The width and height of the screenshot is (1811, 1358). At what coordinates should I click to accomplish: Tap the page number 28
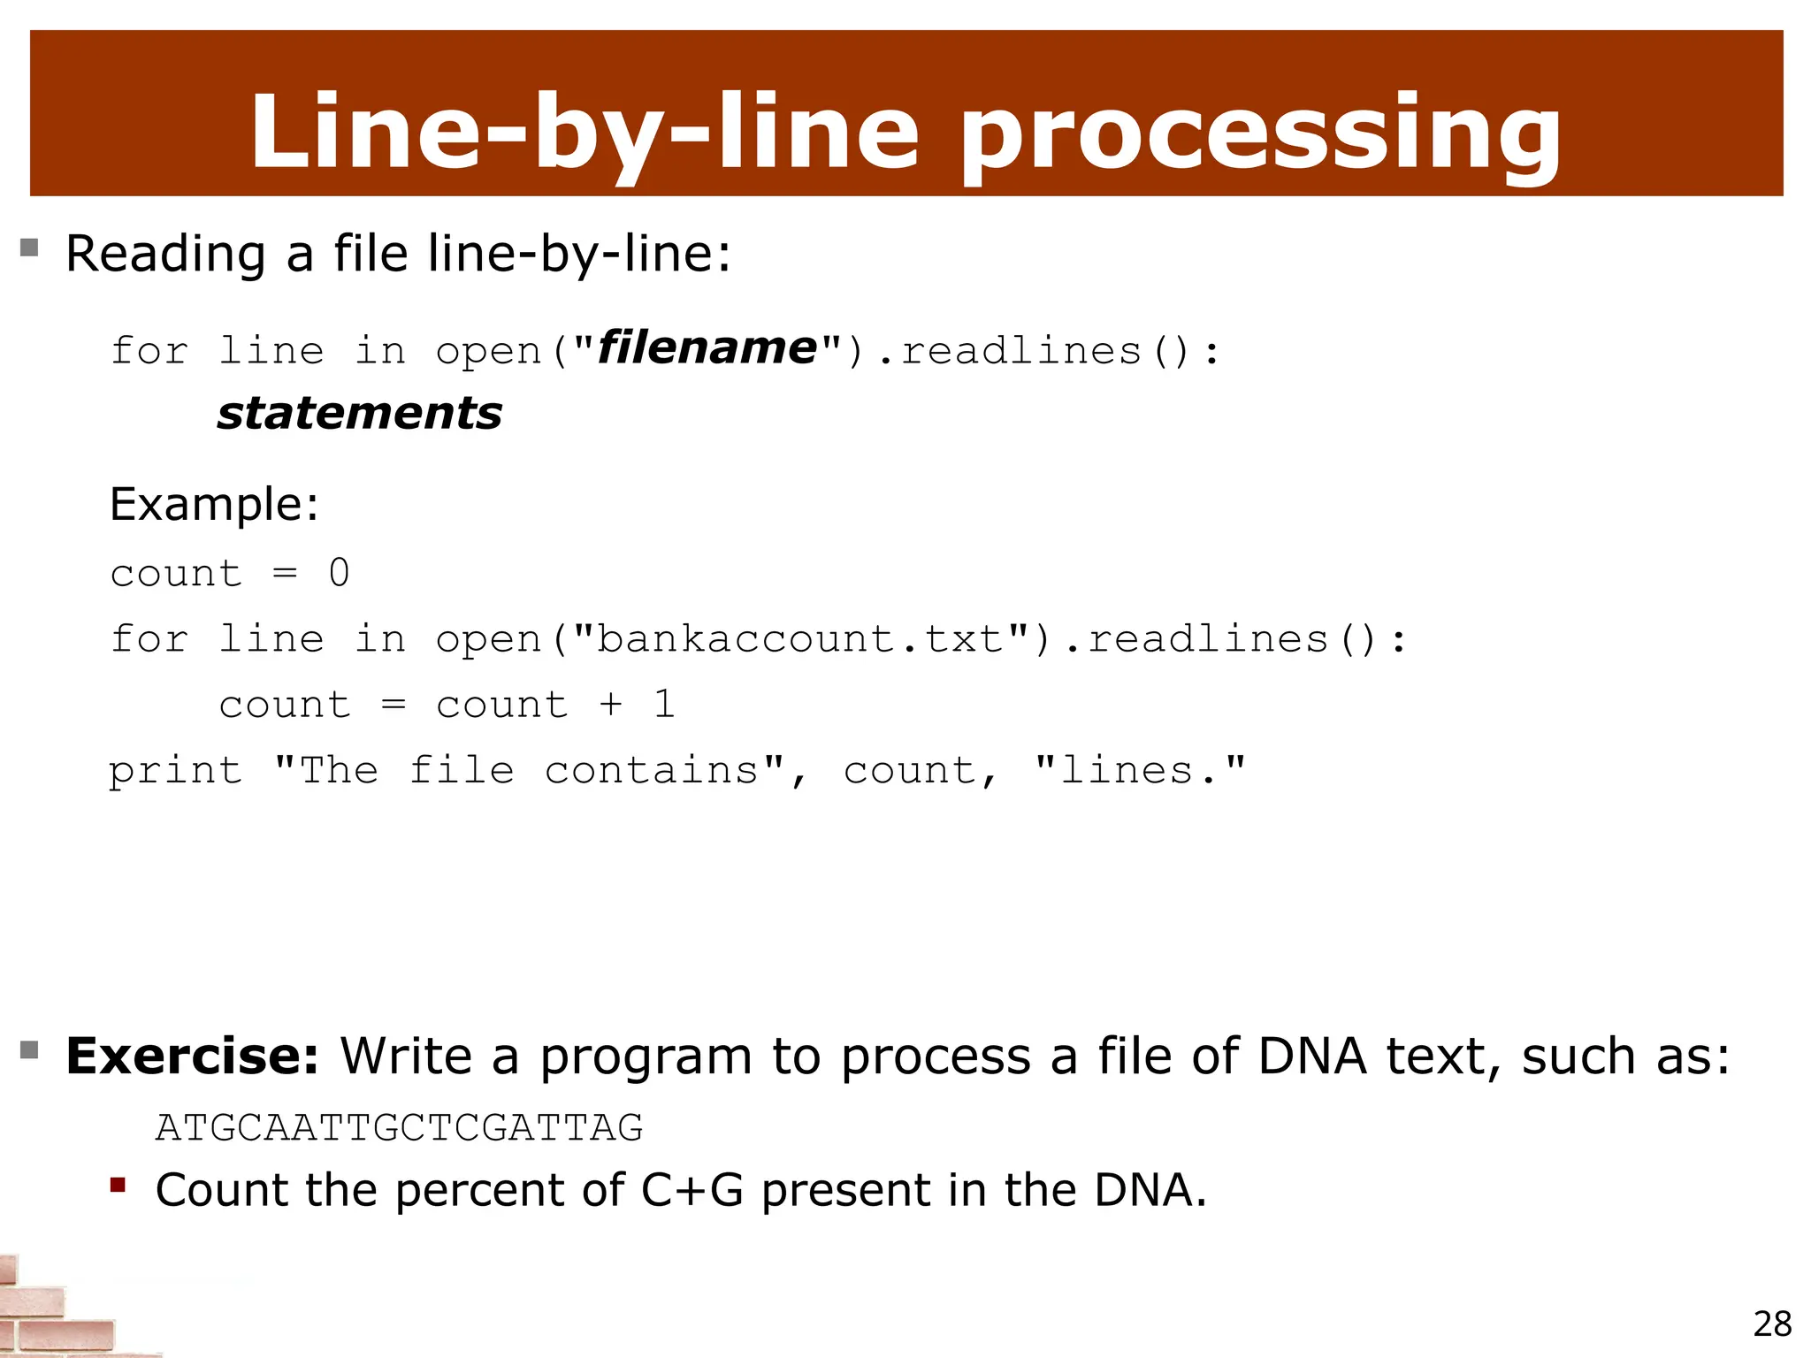point(1771,1324)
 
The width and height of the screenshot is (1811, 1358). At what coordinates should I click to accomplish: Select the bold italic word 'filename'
point(707,347)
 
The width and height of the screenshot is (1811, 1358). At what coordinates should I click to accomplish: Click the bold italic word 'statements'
point(360,414)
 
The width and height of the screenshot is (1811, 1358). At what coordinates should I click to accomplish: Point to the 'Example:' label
point(214,505)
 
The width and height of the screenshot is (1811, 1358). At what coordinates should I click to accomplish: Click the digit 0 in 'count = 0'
point(339,573)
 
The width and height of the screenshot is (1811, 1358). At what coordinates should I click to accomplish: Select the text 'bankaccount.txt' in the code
point(800,638)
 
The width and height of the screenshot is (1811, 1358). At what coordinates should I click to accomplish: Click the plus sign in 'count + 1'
point(610,704)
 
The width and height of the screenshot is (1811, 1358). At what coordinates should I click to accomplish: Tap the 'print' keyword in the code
point(175,771)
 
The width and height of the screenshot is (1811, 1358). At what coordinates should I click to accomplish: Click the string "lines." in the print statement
point(1140,770)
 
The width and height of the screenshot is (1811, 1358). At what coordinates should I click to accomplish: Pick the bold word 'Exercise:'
point(192,1056)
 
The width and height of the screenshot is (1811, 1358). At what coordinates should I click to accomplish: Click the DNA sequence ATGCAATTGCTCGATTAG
point(399,1127)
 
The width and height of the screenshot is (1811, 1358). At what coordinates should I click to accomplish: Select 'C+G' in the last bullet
point(692,1190)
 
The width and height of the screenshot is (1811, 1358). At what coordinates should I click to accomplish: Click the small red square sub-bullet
point(118,1185)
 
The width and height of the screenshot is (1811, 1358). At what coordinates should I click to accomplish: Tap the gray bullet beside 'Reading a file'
point(29,248)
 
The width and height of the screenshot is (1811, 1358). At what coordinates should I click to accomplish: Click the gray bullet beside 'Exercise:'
point(29,1050)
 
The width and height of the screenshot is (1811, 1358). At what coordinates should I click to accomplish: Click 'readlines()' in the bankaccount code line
point(1234,638)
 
